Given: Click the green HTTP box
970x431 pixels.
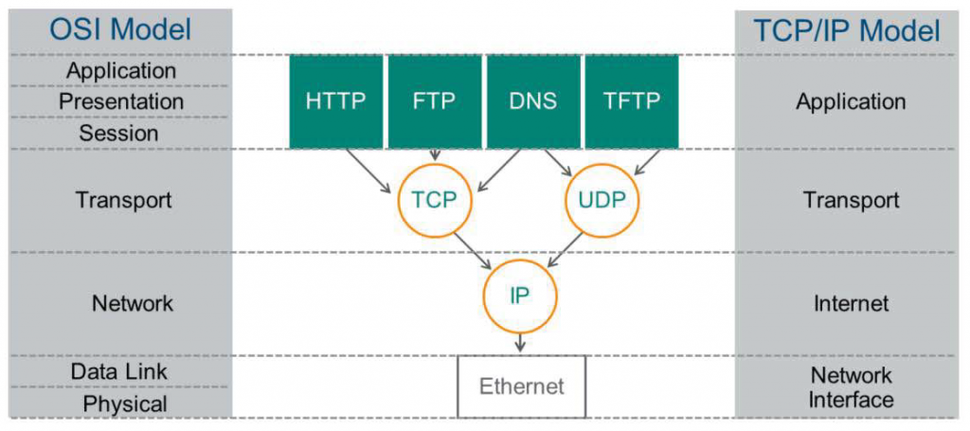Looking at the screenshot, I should (336, 101).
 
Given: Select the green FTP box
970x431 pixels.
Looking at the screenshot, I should (435, 101).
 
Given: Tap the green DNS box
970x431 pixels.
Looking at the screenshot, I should (533, 101).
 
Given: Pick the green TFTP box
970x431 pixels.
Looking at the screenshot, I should (632, 101).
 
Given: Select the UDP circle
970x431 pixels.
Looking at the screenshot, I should (602, 200).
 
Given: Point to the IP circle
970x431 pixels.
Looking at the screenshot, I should (520, 295).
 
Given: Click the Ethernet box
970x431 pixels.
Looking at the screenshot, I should (521, 386).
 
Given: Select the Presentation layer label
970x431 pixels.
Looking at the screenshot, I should (121, 101).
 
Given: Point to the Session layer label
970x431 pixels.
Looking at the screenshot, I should (119, 134).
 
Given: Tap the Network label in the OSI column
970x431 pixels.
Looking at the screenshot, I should (133, 303).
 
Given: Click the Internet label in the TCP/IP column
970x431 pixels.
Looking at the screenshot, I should (851, 303).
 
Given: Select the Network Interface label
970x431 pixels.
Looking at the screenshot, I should (851, 387).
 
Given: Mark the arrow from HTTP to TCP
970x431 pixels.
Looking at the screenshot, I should (369, 171).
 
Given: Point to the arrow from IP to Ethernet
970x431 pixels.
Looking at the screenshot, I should (520, 341).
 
